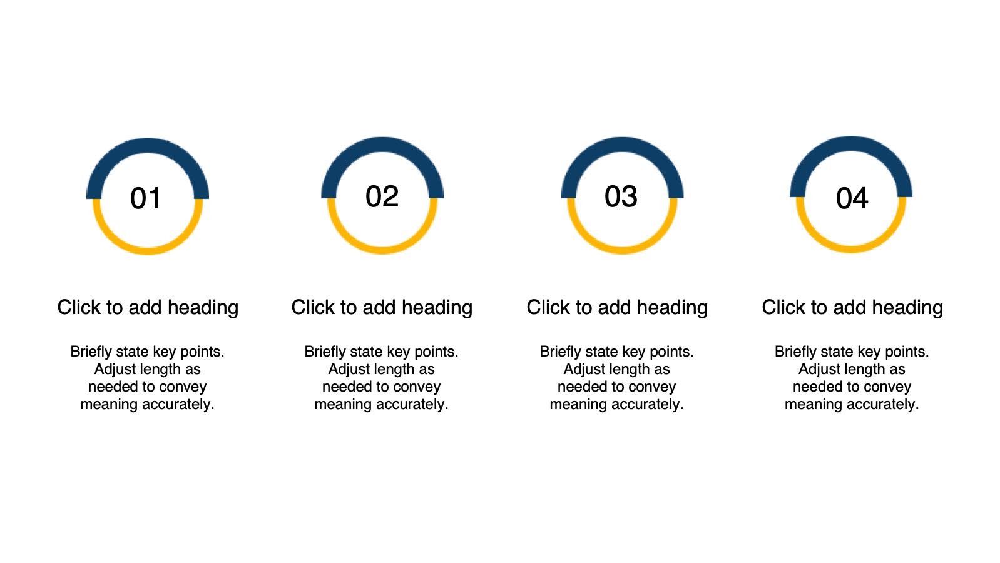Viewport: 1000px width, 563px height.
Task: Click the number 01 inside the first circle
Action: point(146,198)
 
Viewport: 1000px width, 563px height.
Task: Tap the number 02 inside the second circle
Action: point(382,196)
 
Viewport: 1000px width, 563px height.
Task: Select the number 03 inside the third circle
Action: point(621,196)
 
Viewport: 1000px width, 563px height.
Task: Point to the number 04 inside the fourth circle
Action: point(852,198)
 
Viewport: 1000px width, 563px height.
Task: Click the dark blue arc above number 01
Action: point(148,145)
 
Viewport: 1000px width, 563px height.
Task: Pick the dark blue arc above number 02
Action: point(382,145)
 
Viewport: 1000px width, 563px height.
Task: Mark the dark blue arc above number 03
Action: point(622,145)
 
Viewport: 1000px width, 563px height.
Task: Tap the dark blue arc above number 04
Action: point(851,144)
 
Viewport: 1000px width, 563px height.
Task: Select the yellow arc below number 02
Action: point(382,250)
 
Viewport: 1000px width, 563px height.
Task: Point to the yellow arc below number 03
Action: point(622,250)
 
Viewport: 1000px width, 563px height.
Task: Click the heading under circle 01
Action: point(148,308)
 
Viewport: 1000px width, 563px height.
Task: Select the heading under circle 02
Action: point(382,308)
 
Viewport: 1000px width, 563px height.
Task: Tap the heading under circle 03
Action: point(617,308)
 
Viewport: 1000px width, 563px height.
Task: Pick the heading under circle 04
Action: point(852,308)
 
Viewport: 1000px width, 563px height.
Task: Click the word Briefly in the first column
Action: point(91,352)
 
